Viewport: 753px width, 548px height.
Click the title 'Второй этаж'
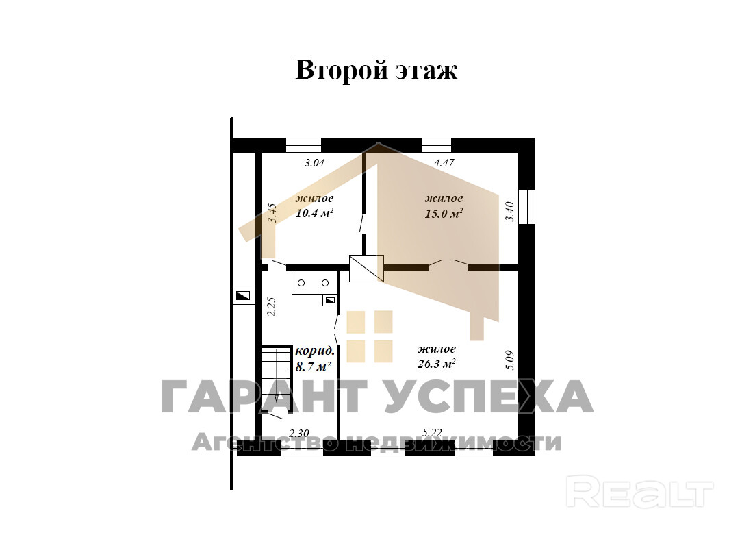[376, 70]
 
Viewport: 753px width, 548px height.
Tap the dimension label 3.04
[315, 163]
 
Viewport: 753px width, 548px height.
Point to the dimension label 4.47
[444, 163]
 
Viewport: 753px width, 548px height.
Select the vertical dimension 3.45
[272, 213]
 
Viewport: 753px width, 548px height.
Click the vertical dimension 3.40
[509, 212]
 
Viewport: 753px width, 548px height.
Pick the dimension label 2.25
[271, 307]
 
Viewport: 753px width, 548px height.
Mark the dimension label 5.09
[509, 360]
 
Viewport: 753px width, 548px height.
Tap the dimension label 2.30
[299, 433]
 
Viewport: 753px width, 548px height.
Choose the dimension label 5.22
[432, 433]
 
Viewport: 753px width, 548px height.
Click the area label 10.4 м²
[315, 214]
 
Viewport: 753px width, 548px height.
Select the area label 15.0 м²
[444, 214]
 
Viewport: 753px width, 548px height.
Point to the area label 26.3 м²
[437, 364]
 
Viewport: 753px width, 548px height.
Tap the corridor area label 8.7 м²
[314, 366]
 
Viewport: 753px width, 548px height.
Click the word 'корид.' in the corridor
[315, 351]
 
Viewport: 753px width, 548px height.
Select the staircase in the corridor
[277, 378]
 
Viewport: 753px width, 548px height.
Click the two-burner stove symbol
[313, 283]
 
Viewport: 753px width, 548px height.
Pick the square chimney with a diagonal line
[366, 269]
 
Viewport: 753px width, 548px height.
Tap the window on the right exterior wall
[527, 207]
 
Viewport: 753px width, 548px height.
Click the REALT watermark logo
[639, 491]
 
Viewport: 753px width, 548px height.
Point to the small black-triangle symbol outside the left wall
[243, 296]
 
